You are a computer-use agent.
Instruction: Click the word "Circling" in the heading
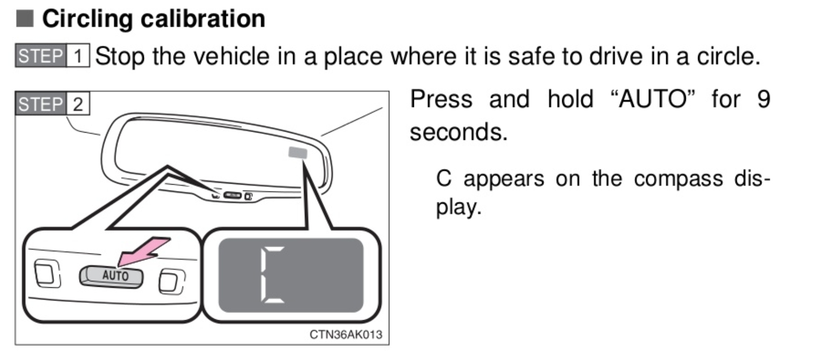click(87, 19)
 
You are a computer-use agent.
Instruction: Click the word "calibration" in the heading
click(203, 19)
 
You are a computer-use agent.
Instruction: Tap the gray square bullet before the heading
click(25, 19)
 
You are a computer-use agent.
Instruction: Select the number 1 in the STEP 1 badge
click(78, 55)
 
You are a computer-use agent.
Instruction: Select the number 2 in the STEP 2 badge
click(78, 104)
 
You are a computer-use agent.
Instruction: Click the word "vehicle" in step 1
click(231, 56)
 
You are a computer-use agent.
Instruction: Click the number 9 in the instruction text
click(763, 99)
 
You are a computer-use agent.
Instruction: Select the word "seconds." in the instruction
click(459, 132)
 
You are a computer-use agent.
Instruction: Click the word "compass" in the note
click(678, 179)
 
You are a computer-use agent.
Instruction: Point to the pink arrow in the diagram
click(144, 251)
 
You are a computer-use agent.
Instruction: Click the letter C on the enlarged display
click(272, 275)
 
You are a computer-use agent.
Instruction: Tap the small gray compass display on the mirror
click(298, 153)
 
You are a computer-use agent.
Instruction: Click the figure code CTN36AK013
click(346, 334)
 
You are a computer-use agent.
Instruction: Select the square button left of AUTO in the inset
click(47, 274)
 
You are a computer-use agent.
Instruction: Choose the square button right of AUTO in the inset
click(172, 281)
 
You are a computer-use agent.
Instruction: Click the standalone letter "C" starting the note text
click(444, 179)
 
